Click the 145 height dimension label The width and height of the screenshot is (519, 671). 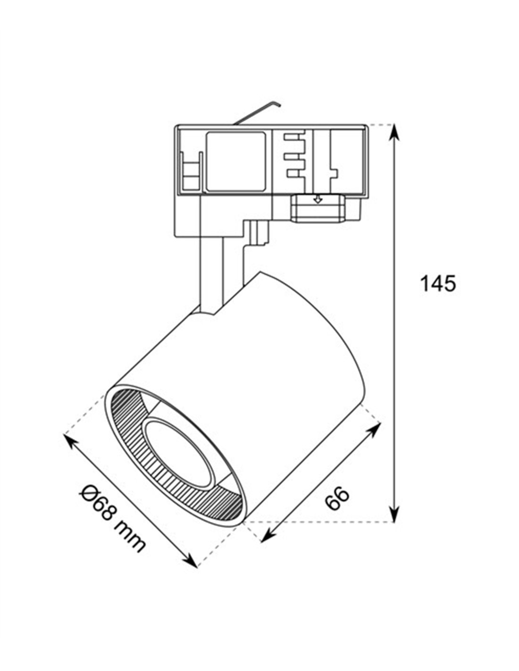click(x=438, y=284)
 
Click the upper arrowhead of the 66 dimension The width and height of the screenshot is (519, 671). click(x=376, y=428)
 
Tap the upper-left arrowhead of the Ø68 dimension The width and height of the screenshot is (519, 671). click(x=70, y=441)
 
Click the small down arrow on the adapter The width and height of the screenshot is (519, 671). click(x=318, y=200)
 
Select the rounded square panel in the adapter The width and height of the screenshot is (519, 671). click(x=235, y=161)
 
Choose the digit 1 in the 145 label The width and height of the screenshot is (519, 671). click(x=424, y=284)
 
